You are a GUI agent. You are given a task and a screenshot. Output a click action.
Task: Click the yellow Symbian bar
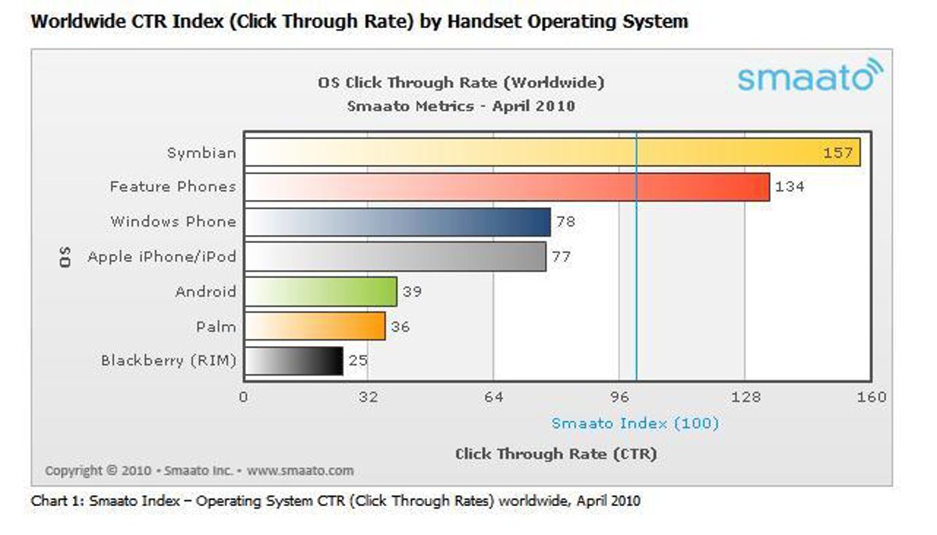coord(552,152)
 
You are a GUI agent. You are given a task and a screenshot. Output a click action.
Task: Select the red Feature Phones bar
coord(507,187)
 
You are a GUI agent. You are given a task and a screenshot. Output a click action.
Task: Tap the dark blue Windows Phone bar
coord(397,223)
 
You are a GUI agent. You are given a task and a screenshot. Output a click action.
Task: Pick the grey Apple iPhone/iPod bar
coord(395,257)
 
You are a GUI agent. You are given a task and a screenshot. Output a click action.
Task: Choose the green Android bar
coord(321,292)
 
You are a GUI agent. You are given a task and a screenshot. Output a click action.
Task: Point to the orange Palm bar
coord(315,326)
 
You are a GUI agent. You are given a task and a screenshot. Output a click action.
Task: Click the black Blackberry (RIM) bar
coord(294,361)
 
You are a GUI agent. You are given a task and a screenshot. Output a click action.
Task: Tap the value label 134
coord(789,187)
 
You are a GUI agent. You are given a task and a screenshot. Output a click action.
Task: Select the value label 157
coord(838,152)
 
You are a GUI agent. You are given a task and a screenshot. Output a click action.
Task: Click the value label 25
coord(358,361)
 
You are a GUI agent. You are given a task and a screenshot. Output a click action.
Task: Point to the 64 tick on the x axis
coord(493,397)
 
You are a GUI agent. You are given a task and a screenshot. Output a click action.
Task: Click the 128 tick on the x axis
coord(746,397)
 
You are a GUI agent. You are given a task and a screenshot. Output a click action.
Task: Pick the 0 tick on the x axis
coord(244,397)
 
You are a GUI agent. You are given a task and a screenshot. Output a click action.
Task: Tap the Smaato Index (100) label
coord(635,423)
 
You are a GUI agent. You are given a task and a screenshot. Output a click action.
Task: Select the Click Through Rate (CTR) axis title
coord(555,454)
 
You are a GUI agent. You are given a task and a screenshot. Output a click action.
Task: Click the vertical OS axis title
coord(66,257)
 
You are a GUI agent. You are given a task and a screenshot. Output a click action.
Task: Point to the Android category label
coord(205,292)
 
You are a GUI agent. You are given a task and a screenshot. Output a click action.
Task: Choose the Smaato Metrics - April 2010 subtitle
coord(461,105)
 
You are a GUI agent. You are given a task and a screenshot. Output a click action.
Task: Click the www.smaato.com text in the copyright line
coord(300,471)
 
